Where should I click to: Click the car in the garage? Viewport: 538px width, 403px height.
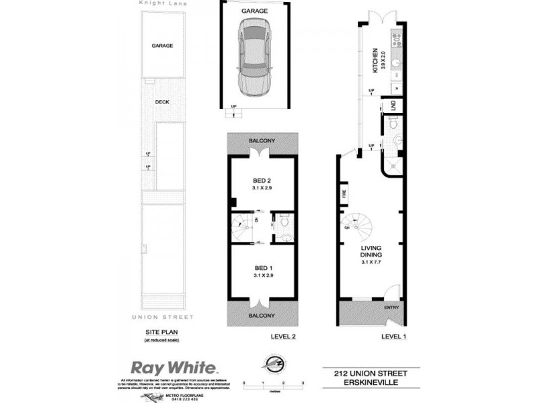[x=254, y=58]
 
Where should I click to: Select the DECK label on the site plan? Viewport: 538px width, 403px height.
[x=162, y=102]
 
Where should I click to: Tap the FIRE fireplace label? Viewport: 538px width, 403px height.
[x=344, y=195]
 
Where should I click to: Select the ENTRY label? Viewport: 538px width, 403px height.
[x=391, y=308]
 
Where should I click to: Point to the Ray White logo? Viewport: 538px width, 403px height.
[x=174, y=368]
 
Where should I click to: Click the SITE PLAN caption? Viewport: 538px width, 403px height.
[x=161, y=332]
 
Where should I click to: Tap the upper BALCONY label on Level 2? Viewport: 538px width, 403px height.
[x=262, y=140]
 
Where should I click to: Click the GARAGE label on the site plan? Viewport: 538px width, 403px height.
[x=162, y=46]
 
